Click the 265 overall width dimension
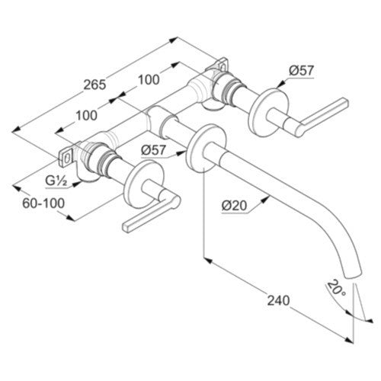[x=94, y=85]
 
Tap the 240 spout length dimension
[x=278, y=300]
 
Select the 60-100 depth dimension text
[x=43, y=203]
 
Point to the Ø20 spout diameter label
[x=234, y=205]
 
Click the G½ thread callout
[x=56, y=181]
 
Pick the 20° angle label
[x=336, y=288]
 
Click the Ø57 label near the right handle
[x=302, y=70]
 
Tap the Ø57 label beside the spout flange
[x=154, y=150]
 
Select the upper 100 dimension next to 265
[x=149, y=80]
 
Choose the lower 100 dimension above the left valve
[x=87, y=116]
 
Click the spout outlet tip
[x=353, y=275]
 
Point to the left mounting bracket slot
[x=67, y=158]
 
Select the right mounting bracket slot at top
[x=223, y=67]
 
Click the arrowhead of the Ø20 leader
[x=265, y=199]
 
